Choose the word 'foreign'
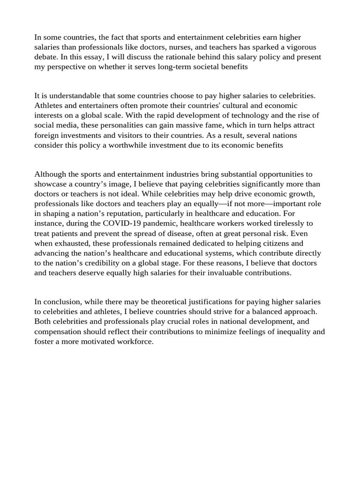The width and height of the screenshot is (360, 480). pos(46,135)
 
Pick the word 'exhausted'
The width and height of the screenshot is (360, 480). pos(71,243)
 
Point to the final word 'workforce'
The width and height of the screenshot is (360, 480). pos(135,341)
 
